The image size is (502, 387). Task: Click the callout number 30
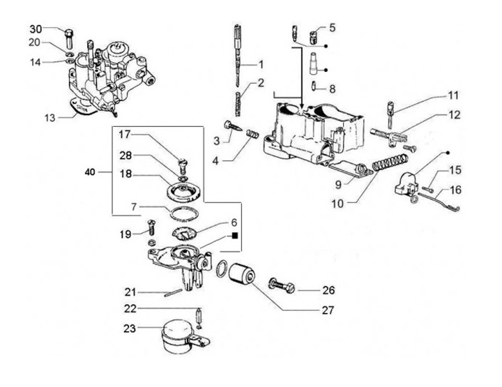tap(36, 29)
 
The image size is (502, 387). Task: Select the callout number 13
tap(50, 118)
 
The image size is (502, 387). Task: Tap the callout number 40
tap(90, 172)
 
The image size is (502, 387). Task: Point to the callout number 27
tap(328, 310)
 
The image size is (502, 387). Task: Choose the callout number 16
tap(455, 190)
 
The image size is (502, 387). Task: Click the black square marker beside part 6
tap(235, 236)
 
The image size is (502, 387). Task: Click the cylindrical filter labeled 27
tap(242, 273)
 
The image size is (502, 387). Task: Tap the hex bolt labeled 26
tap(282, 284)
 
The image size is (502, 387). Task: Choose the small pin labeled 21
tap(173, 293)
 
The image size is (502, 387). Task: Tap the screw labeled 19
tap(152, 227)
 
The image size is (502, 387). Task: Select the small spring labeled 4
tap(253, 133)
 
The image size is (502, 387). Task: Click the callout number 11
tap(452, 96)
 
